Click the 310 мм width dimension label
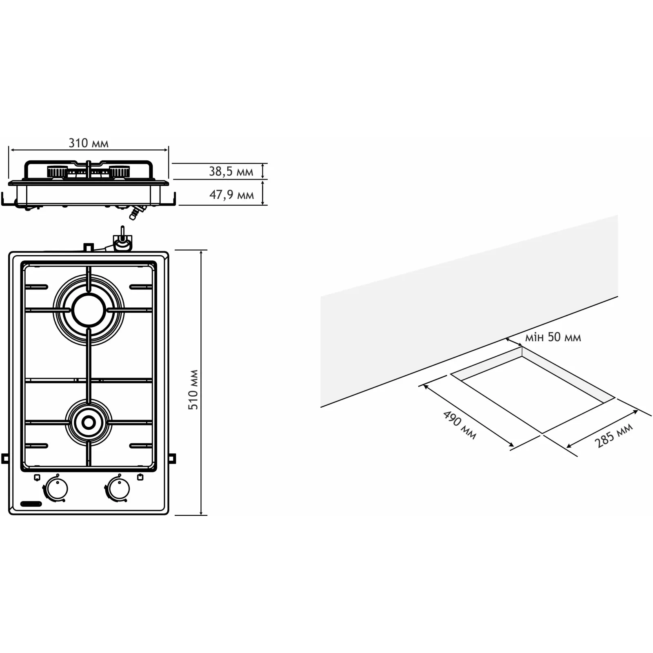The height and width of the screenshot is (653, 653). point(89,143)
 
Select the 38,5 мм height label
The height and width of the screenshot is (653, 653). point(231,171)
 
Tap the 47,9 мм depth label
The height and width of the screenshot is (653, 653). point(231,195)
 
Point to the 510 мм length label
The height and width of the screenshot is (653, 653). point(193,390)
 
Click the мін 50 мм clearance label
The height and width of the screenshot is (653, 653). point(553,337)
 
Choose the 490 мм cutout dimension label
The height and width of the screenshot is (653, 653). point(460,425)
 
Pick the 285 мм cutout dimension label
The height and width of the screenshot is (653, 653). point(613,435)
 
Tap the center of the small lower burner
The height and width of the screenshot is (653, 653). point(89,422)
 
